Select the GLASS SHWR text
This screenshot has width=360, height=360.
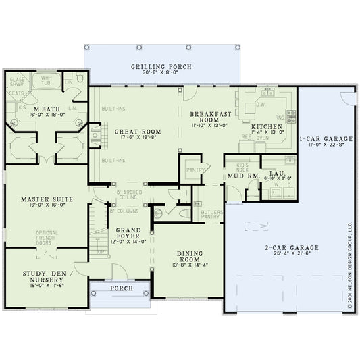pyautogui.click(x=16, y=82)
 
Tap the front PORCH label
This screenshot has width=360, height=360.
pyautogui.click(x=120, y=289)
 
